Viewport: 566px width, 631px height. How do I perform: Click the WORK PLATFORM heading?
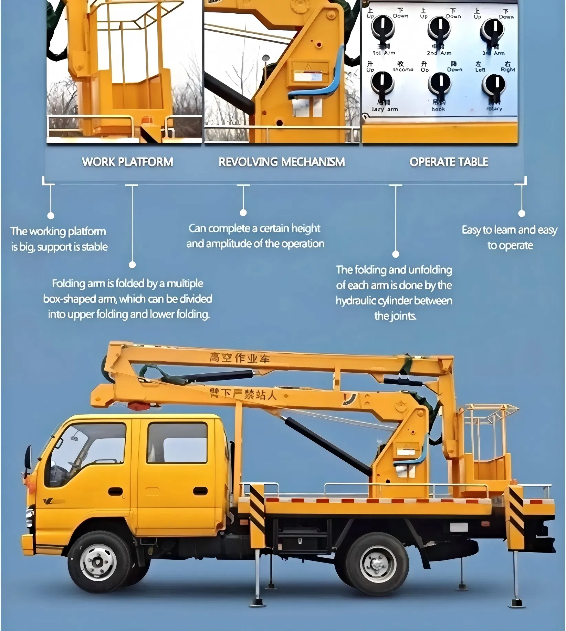[127, 162]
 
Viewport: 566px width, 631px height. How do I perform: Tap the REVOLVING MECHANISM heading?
[282, 162]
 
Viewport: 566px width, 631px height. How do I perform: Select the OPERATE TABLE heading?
[449, 162]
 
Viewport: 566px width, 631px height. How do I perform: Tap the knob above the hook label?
[440, 84]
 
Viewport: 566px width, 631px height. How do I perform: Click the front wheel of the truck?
[98, 562]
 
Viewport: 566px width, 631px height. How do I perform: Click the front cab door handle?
[115, 491]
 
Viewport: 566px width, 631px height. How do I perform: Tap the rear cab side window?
[177, 443]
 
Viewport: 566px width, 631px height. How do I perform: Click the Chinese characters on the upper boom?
[240, 358]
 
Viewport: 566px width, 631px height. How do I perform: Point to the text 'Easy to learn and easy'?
[509, 230]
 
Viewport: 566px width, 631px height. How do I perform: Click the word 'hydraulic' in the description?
[356, 301]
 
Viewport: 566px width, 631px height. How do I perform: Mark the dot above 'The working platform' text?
[51, 216]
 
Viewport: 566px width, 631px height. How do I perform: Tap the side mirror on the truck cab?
[28, 458]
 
